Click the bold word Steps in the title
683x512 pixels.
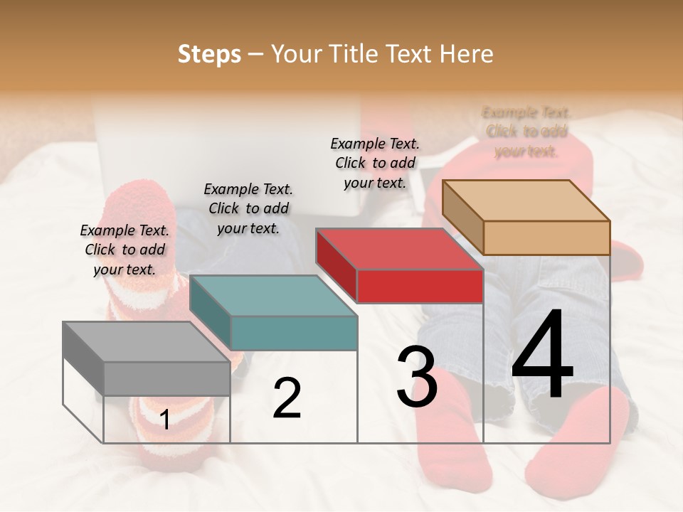click(209, 54)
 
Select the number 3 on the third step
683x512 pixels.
click(417, 377)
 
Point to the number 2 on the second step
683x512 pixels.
click(287, 398)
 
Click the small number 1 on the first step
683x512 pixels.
click(165, 420)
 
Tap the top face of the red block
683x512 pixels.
click(399, 250)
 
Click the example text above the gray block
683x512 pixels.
click(125, 250)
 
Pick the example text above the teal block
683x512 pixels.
click(248, 208)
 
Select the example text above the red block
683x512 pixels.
click(375, 163)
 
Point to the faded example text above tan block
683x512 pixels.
click(526, 132)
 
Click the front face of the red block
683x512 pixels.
click(420, 287)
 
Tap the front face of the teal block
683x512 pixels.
click(294, 333)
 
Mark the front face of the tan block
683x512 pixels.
click(546, 238)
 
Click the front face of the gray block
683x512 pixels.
click(167, 378)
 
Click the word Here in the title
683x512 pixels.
click(467, 54)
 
